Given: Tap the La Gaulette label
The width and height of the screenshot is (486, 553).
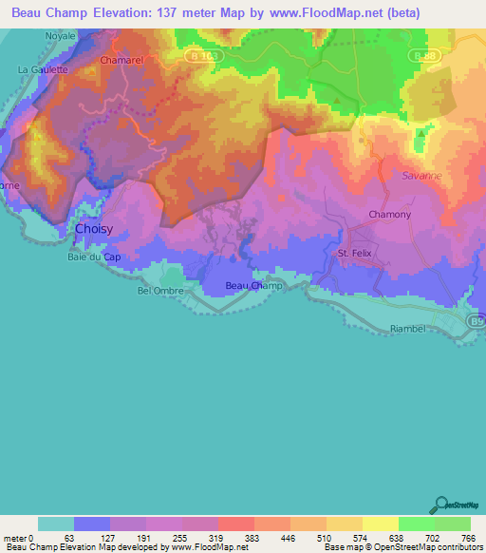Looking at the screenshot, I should click(43, 69).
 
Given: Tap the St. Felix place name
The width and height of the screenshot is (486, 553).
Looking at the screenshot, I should click(358, 254).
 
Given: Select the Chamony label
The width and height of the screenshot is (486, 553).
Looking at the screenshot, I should click(390, 215).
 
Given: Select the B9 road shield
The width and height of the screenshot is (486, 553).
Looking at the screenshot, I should click(477, 322).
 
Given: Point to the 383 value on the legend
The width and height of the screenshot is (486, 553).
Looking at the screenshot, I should click(253, 537).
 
